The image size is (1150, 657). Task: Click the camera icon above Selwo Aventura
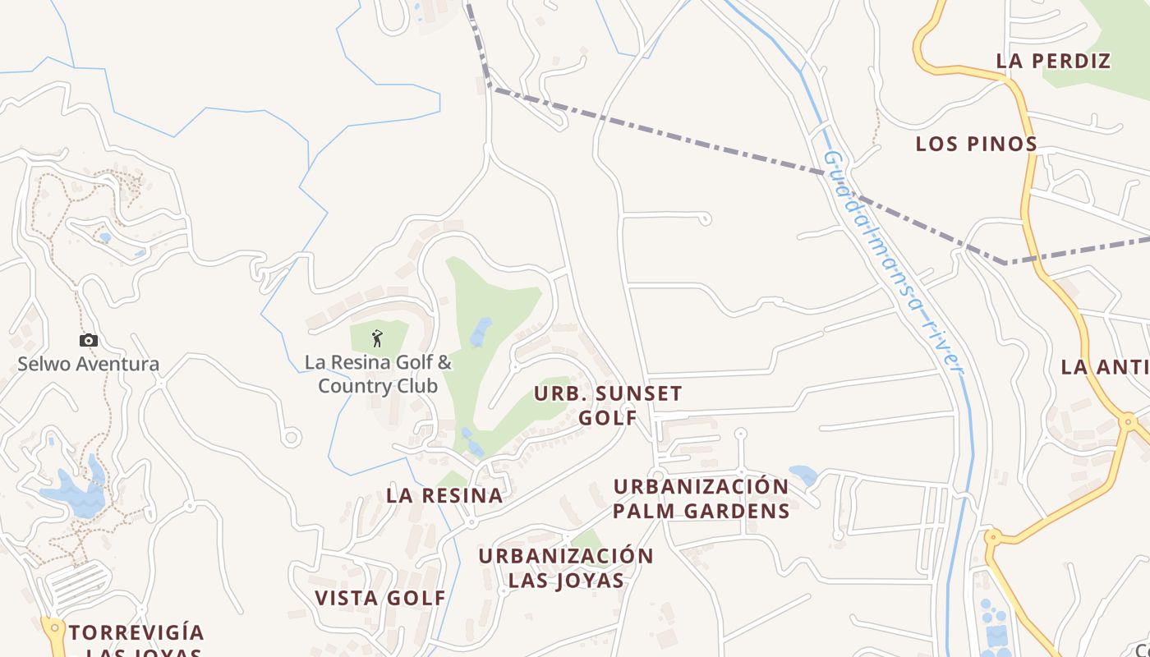[89, 340]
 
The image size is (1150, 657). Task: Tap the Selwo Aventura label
[89, 364]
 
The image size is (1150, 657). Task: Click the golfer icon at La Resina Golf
[377, 338]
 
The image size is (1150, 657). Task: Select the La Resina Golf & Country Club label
[378, 374]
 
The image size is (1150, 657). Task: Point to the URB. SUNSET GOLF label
[608, 405]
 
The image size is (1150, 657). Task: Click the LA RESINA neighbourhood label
[444, 495]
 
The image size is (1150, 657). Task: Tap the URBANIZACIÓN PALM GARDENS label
[701, 498]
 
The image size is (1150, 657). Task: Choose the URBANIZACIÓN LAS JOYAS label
[566, 567]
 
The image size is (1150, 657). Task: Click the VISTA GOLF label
[380, 598]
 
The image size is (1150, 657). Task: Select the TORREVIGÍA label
[136, 632]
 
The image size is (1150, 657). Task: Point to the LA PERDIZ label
[1053, 61]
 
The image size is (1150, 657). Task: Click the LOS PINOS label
[977, 144]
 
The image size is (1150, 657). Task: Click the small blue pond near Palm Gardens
[803, 475]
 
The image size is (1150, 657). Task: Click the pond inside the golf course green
[480, 332]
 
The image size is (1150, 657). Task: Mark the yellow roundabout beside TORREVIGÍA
[54, 629]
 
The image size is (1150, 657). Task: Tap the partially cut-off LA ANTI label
[1104, 366]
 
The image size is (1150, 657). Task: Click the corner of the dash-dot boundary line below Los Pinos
[1006, 263]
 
